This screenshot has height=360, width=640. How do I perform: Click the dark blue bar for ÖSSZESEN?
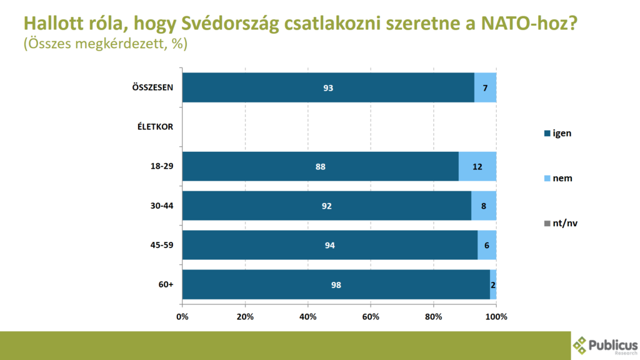pyautogui.click(x=328, y=87)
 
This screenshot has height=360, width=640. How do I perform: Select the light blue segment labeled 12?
pyautogui.click(x=477, y=166)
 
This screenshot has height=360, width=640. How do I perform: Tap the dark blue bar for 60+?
pyautogui.click(x=336, y=285)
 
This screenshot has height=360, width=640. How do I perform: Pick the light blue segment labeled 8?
pyautogui.click(x=484, y=206)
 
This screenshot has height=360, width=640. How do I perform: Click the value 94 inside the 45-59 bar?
pyautogui.click(x=330, y=246)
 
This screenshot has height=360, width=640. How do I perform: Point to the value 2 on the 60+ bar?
pyautogui.click(x=493, y=285)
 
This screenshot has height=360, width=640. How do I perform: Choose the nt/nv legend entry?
pyautogui.click(x=562, y=223)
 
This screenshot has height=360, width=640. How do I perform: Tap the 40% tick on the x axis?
pyautogui.click(x=308, y=317)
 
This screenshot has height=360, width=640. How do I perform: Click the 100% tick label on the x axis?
pyautogui.click(x=496, y=317)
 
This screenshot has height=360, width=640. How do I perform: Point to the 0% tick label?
pyautogui.click(x=182, y=317)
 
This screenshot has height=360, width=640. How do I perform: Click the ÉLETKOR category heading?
pyautogui.click(x=155, y=127)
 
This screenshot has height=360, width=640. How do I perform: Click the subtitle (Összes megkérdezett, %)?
pyautogui.click(x=105, y=45)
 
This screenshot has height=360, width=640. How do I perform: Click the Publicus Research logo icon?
pyautogui.click(x=581, y=344)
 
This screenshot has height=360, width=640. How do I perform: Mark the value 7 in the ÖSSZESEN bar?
pyautogui.click(x=485, y=87)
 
